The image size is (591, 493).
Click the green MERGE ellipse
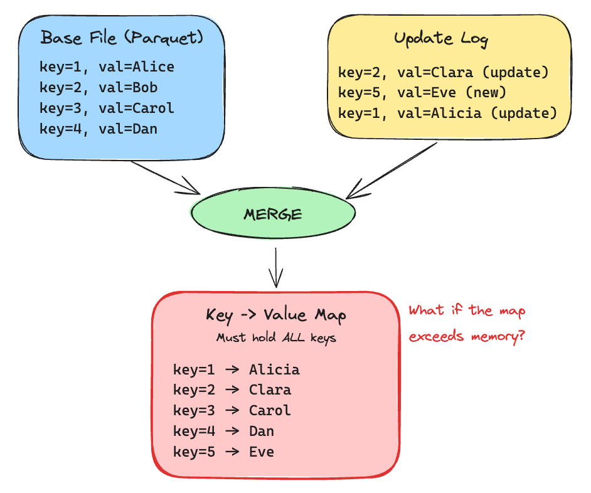[273, 215]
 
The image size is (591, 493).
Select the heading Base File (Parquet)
[122, 38]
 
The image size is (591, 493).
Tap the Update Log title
[441, 38]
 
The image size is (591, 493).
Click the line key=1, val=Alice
[107, 66]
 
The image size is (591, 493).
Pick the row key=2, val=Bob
[98, 87]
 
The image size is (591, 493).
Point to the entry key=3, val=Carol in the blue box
[107, 108]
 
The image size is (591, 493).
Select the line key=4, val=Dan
[98, 129]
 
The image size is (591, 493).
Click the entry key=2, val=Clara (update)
[444, 72]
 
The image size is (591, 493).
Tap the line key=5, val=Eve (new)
[422, 93]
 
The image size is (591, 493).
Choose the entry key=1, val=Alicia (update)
[447, 114]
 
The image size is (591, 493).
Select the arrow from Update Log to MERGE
[391, 169]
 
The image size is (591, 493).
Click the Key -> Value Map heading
[275, 315]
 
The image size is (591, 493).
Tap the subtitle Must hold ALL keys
[276, 338]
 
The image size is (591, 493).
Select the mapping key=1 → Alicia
[237, 369]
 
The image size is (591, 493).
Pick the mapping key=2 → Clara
[232, 390]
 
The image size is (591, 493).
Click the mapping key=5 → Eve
[224, 452]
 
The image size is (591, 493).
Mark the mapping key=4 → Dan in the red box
[224, 432]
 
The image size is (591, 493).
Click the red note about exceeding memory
[467, 324]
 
